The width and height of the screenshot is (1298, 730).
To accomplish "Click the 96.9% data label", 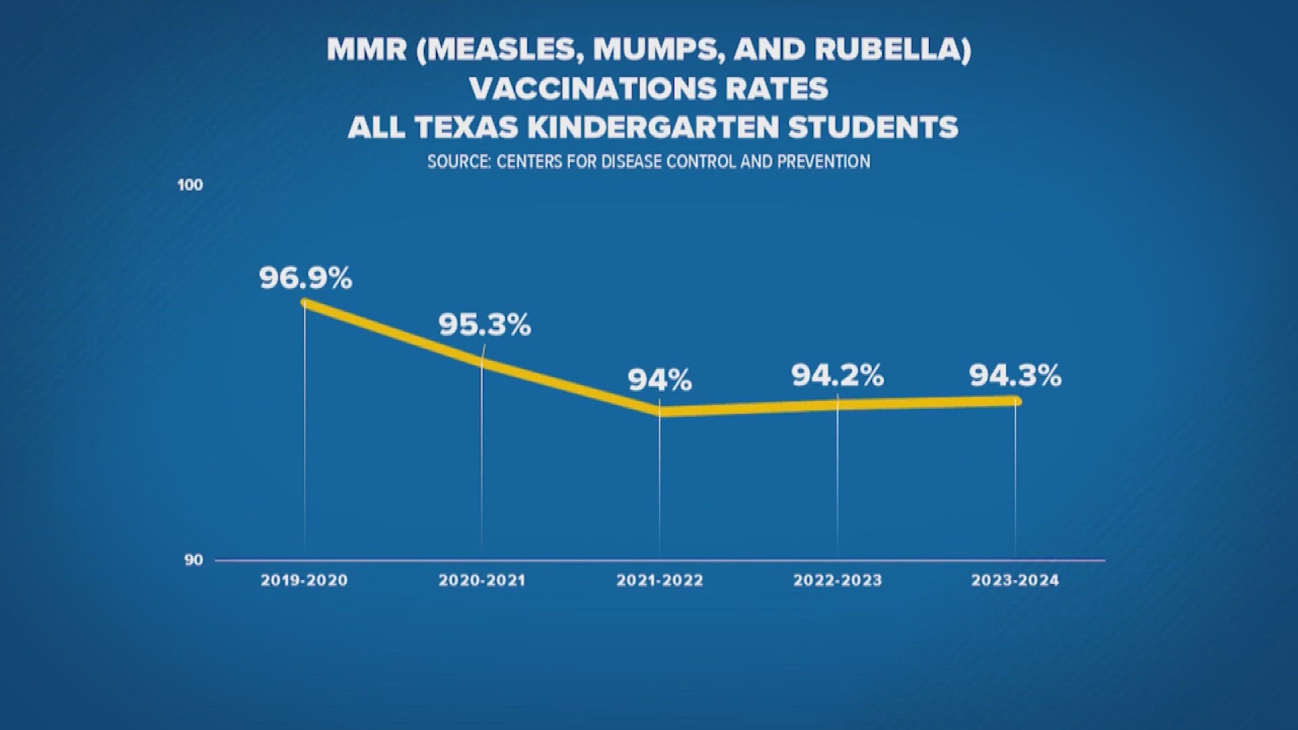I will click(306, 278).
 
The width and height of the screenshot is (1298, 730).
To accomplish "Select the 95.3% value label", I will click(484, 325).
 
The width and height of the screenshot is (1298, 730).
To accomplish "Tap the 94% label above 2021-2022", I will click(659, 380).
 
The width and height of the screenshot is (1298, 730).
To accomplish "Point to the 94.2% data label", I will click(837, 375).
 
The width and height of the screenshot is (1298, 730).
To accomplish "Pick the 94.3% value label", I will click(1015, 375).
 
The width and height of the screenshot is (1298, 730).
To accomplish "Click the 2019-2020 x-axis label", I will click(304, 580).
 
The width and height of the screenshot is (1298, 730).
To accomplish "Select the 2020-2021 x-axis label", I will click(481, 580).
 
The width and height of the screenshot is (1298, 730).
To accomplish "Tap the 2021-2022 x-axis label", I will click(659, 580).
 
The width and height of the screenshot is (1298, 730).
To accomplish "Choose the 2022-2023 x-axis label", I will click(837, 580).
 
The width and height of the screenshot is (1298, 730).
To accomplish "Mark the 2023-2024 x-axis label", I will click(1015, 580).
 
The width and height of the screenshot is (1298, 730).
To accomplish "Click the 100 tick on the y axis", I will click(190, 185).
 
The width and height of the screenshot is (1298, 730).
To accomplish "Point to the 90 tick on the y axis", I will click(193, 560).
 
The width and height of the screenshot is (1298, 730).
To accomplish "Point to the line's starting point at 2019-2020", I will click(305, 303).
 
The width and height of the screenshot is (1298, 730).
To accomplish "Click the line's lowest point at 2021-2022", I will click(663, 411).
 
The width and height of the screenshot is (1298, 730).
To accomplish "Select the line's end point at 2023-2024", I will click(1016, 401).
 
